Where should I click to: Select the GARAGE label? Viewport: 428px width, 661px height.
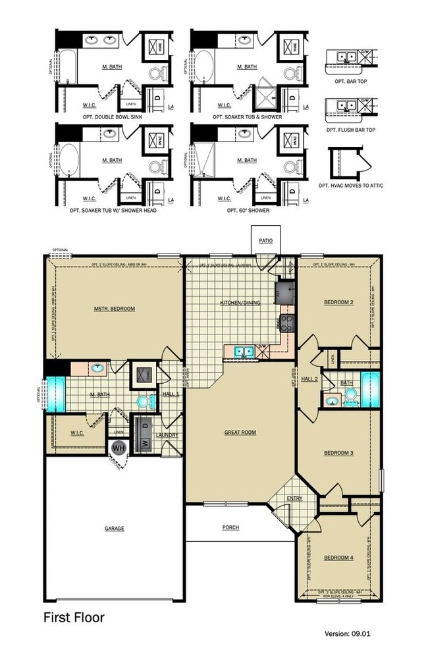(114, 528)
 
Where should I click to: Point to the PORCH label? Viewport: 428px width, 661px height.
(230, 527)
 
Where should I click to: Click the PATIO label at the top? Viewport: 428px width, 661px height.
(265, 241)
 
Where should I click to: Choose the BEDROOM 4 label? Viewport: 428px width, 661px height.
(338, 558)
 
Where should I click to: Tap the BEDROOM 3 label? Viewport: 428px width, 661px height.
(338, 453)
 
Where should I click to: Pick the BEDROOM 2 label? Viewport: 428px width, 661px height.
(338, 302)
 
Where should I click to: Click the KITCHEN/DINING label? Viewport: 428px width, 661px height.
(238, 303)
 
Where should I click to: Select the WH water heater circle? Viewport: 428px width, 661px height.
(119, 448)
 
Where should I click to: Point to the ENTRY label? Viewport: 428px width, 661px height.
(294, 498)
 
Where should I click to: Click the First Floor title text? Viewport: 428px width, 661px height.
(74, 618)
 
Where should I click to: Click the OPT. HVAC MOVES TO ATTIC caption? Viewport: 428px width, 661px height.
(350, 186)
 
